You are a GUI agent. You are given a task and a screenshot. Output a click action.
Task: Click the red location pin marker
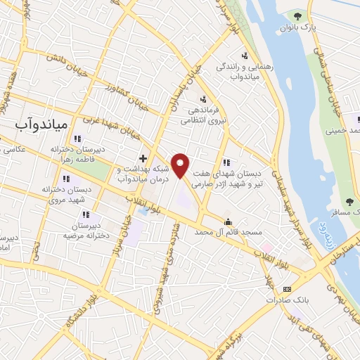(181, 165)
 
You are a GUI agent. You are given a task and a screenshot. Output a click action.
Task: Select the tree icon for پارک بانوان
(299, 15)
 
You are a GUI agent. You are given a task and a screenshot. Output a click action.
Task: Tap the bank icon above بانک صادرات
(287, 289)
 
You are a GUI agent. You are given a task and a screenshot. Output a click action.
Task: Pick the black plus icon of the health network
(143, 157)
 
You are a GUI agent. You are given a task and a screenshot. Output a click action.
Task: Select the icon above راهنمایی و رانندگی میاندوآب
(244, 56)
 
